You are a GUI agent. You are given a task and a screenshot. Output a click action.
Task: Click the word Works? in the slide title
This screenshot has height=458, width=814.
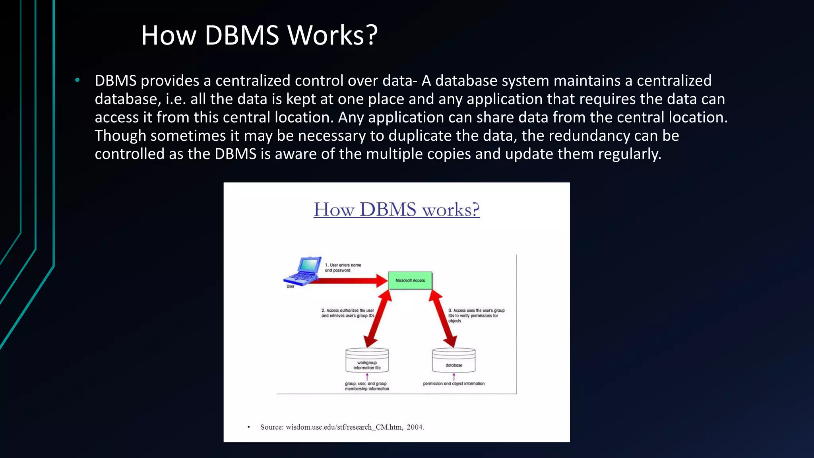coord(332,35)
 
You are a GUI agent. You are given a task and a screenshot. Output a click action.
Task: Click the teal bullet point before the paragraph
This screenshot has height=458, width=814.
coord(78,81)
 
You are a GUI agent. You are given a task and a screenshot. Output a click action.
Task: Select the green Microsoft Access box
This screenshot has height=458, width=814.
coord(410,280)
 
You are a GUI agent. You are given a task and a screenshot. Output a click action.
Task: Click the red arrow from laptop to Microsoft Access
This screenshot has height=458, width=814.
coord(350,281)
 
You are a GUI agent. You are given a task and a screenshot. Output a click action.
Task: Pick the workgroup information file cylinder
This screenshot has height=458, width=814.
coord(367,360)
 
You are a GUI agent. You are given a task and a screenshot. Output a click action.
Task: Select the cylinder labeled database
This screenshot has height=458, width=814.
coord(454,360)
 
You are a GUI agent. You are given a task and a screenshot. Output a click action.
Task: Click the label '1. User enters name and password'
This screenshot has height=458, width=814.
coord(343,268)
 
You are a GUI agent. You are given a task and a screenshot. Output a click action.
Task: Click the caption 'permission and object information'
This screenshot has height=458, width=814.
coord(454,384)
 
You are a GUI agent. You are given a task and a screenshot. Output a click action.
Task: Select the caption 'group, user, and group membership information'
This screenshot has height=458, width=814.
coord(366,386)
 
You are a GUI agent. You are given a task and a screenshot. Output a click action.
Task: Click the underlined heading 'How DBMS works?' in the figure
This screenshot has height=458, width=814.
coord(396,210)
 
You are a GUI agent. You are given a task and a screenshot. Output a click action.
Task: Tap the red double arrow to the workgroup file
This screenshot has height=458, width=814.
coord(378,318)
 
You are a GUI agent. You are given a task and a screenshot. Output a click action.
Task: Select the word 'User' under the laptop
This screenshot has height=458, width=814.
coord(291,286)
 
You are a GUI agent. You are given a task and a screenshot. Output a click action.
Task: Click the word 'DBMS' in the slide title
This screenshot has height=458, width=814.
coord(242,35)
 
